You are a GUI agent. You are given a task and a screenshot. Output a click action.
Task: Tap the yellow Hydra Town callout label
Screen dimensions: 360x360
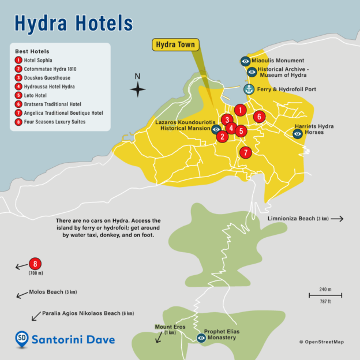(x=175, y=44)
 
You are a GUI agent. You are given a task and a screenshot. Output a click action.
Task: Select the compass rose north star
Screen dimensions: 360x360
(x=137, y=89)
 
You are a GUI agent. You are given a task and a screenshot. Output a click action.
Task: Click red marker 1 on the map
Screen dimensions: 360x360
(x=241, y=110)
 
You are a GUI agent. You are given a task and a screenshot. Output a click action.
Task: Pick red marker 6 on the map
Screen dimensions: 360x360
(x=259, y=117)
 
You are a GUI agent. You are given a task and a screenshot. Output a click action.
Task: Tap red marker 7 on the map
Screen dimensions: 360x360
(x=246, y=153)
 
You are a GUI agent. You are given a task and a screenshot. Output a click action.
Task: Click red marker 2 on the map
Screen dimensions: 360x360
(x=222, y=137)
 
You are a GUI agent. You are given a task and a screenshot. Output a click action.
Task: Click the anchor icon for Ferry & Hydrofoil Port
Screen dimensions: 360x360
(x=249, y=89)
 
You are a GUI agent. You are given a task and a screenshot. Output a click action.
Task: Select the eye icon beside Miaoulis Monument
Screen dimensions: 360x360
(x=245, y=61)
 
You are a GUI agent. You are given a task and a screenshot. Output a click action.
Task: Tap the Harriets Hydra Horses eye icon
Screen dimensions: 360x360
(x=298, y=134)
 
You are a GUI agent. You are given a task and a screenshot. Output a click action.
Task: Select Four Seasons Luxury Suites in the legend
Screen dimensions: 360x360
(x=55, y=122)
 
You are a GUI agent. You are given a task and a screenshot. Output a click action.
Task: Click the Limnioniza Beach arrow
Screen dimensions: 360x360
(x=337, y=219)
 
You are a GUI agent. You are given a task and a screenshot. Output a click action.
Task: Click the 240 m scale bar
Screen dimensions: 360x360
(x=325, y=295)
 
